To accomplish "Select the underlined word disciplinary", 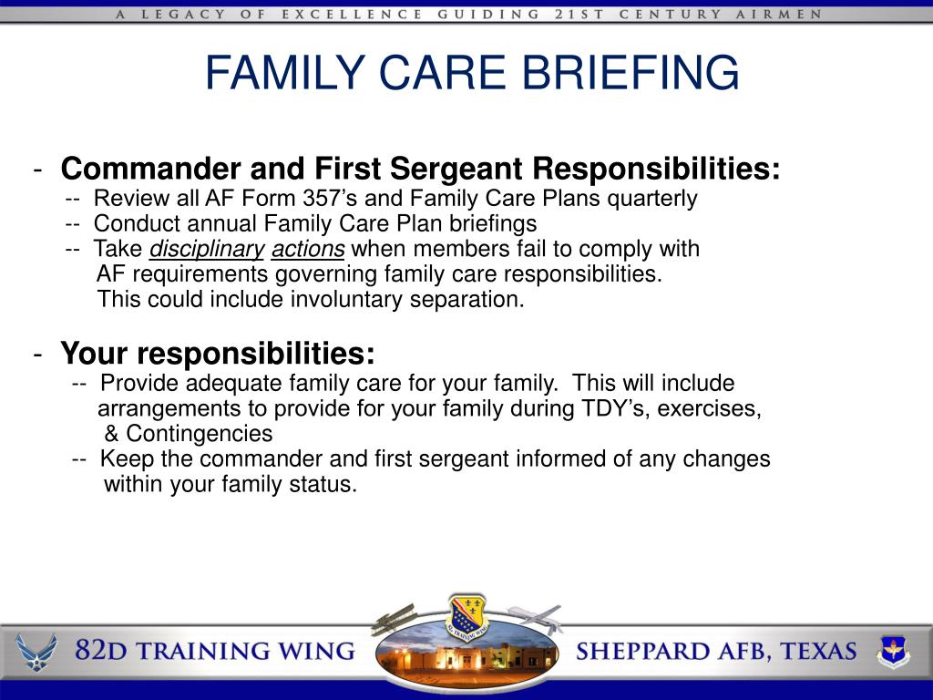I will [x=207, y=249].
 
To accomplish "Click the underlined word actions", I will [x=308, y=249].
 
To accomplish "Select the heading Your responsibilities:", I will [x=218, y=352].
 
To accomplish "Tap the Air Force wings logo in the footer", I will [x=36, y=651].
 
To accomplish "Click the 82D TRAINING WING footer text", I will [x=214, y=651].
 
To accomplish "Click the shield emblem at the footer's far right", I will [x=893, y=650].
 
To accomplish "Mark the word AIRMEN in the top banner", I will [x=789, y=15].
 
